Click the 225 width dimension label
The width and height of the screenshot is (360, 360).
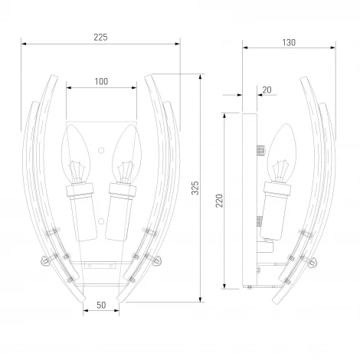100,38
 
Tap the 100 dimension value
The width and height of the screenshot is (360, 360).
101,82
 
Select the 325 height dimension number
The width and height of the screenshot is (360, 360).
195,188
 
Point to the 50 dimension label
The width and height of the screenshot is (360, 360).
101,305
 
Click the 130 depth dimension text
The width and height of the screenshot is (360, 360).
289,43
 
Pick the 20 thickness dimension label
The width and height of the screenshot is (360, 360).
267,90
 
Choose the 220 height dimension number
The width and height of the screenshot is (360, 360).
219,201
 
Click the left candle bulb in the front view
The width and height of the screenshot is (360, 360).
76,153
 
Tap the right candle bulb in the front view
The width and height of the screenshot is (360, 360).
127,154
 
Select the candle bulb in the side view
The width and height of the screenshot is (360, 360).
282,152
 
